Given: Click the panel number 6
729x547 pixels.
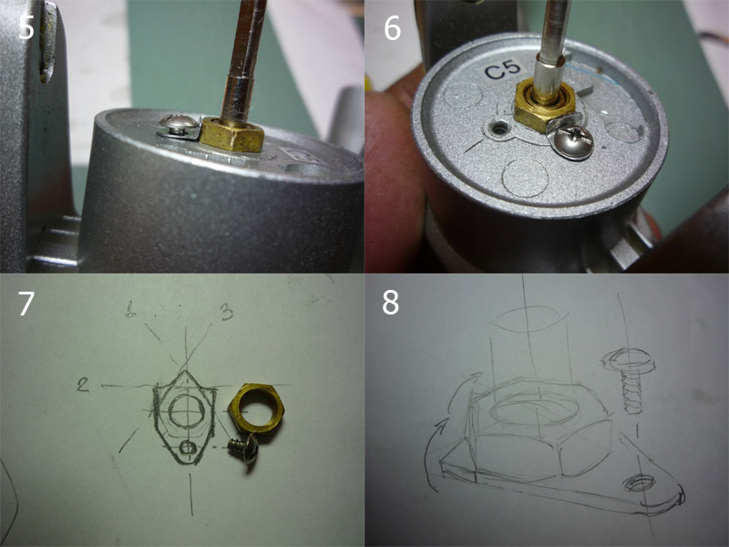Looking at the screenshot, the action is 393,28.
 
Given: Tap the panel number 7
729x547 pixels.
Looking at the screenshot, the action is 26,304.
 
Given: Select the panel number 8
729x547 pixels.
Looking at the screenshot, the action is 391,303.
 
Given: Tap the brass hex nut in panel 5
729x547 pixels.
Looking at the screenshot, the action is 231,134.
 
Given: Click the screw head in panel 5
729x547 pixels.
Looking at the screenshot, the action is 179,124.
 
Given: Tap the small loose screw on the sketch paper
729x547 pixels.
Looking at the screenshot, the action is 243,448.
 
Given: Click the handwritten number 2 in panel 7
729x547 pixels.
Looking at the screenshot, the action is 83,385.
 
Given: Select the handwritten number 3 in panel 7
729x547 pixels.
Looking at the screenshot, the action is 226,312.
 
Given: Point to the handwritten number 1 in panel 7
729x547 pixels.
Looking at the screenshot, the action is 130,309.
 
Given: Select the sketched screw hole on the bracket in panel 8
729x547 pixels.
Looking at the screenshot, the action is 637,484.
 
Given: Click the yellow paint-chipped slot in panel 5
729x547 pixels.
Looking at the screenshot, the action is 48,43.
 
